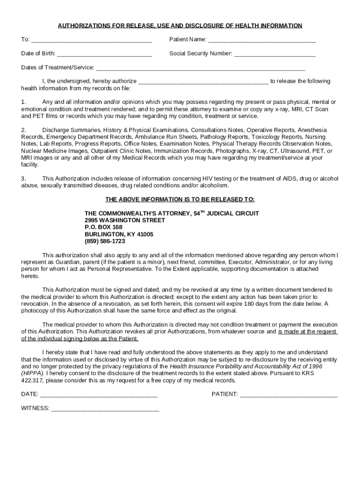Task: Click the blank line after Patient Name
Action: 262,41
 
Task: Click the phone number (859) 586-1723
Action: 105,241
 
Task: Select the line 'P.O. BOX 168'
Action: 103,227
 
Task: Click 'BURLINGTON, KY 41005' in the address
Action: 119,234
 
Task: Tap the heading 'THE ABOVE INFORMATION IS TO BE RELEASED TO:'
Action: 180,199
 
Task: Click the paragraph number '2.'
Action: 24,130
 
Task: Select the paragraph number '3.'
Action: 24,179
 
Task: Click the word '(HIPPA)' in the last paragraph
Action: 32,373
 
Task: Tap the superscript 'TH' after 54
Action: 203,211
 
